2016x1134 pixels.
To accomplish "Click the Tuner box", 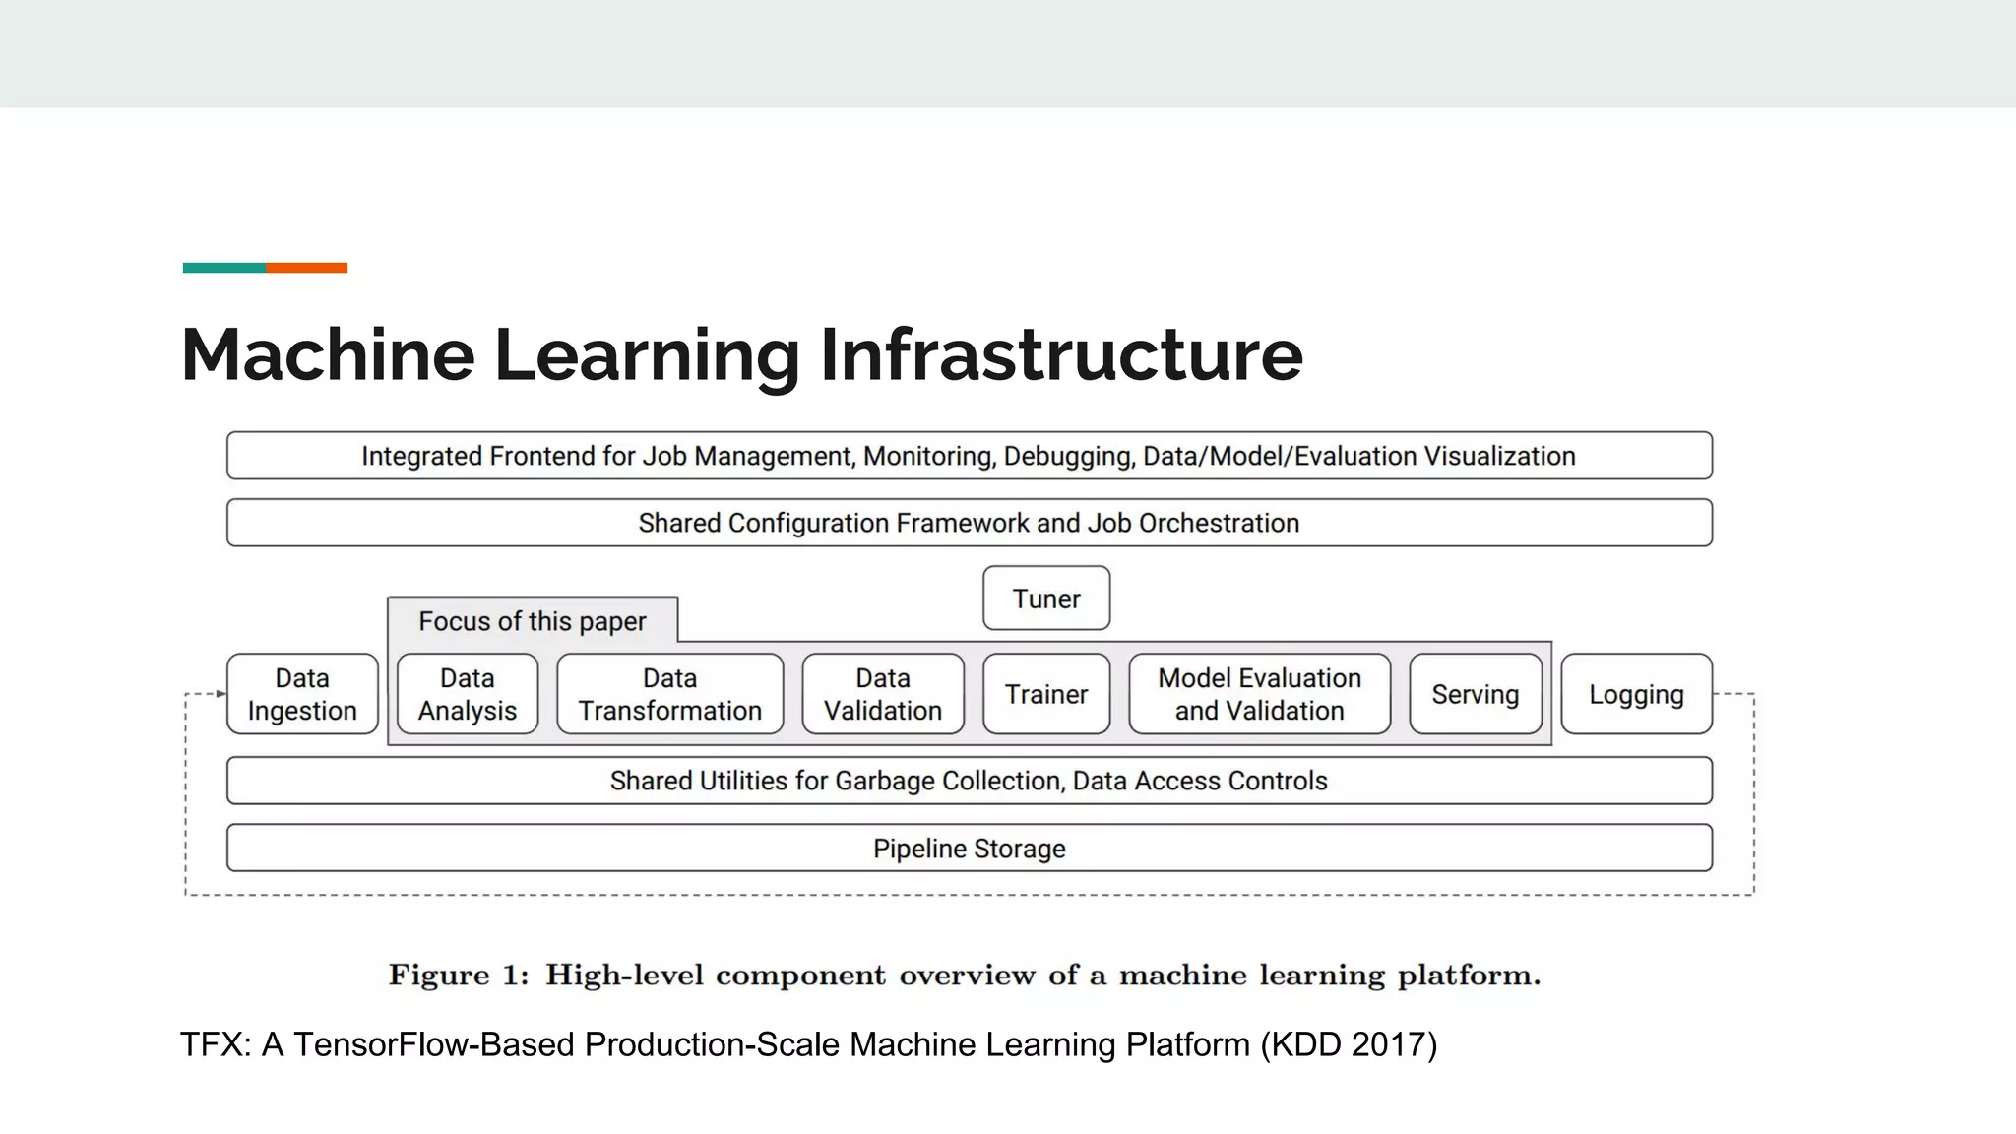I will [1046, 598].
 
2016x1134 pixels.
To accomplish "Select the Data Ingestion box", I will [302, 694].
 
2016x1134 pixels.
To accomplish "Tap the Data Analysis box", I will [468, 694].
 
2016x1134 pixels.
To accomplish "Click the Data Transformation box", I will [670, 694].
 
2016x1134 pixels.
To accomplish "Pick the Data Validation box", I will [883, 694].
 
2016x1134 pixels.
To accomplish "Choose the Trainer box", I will [1046, 694].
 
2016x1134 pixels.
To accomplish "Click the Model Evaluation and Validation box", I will [1259, 694].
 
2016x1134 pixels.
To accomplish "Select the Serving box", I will [1475, 694].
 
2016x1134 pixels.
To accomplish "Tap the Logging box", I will [1636, 694].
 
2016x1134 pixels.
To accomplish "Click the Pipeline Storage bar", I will [970, 848].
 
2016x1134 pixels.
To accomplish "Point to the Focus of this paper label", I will [533, 621].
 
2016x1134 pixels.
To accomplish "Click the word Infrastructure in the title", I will [1061, 354].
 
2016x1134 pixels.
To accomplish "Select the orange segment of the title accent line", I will [306, 268].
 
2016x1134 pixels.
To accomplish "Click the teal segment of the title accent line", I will [223, 268].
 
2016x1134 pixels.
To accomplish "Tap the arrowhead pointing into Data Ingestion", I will [221, 694].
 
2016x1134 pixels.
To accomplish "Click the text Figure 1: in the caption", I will [459, 976].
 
